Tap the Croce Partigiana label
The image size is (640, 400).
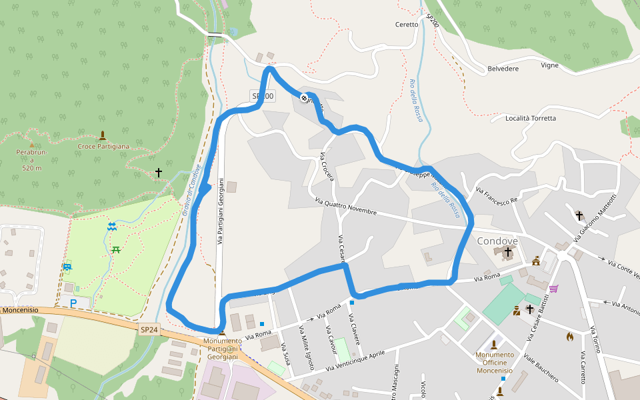[103, 146]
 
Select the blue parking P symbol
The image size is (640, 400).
[73, 303]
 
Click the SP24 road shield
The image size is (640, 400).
[149, 329]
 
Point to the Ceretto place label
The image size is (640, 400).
[407, 25]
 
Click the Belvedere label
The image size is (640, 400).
[503, 69]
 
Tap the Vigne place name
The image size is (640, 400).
[549, 65]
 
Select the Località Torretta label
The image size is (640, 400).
[531, 118]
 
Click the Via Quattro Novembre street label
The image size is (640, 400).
[346, 207]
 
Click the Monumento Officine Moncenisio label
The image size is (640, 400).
[494, 363]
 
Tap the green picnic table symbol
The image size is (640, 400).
[116, 250]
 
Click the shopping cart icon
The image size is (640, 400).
[553, 289]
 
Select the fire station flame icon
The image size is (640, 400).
[569, 336]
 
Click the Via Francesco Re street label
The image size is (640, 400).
[497, 195]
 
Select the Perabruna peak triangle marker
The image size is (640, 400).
[31, 144]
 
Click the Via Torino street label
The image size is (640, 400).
[596, 340]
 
